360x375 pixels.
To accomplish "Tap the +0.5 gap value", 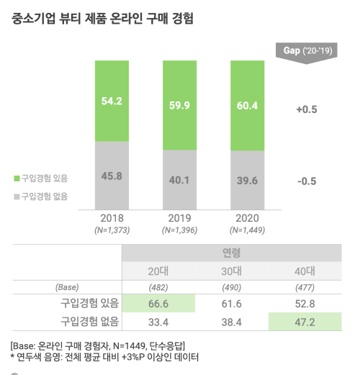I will tap(306, 110).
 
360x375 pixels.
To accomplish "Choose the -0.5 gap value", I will tap(306, 181).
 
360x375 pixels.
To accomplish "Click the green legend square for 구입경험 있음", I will tap(17, 179).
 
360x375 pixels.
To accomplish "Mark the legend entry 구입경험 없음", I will tap(44, 196).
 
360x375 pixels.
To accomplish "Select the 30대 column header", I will tap(231, 271).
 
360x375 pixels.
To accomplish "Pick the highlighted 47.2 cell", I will tap(306, 321).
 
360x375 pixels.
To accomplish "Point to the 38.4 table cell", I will tap(231, 321).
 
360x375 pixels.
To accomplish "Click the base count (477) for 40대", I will tap(306, 287).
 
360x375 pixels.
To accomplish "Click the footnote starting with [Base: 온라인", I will tap(92, 345).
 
